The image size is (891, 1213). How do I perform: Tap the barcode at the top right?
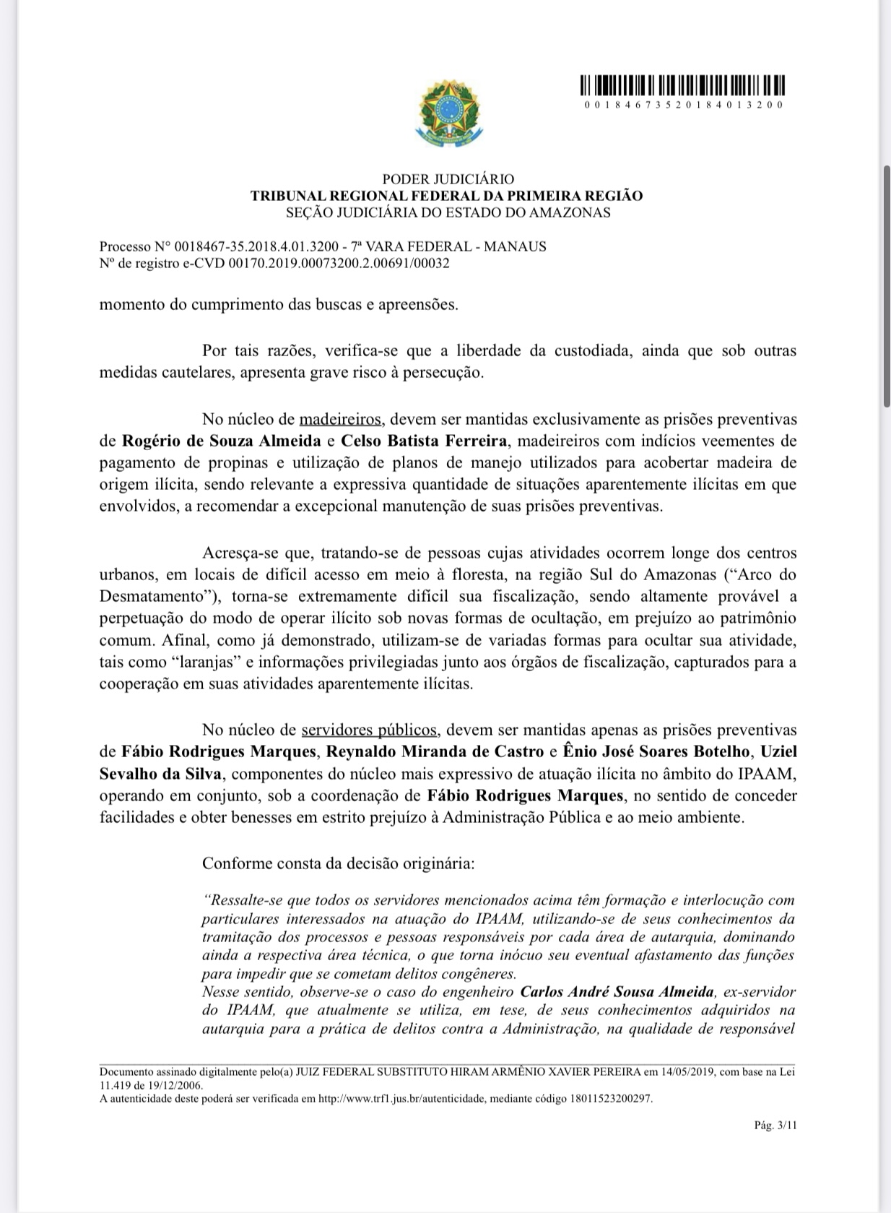coord(683,86)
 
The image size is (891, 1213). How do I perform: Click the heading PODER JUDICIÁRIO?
coord(448,179)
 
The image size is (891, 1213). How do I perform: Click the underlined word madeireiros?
coord(340,419)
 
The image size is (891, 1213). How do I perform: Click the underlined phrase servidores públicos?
coord(369,730)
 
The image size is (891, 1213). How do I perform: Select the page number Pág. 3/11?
coord(775,1125)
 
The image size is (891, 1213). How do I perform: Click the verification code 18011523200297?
coord(610,1098)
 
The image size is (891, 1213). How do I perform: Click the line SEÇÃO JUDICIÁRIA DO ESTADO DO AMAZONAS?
coord(448,213)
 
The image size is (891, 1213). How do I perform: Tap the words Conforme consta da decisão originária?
coord(338,863)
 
